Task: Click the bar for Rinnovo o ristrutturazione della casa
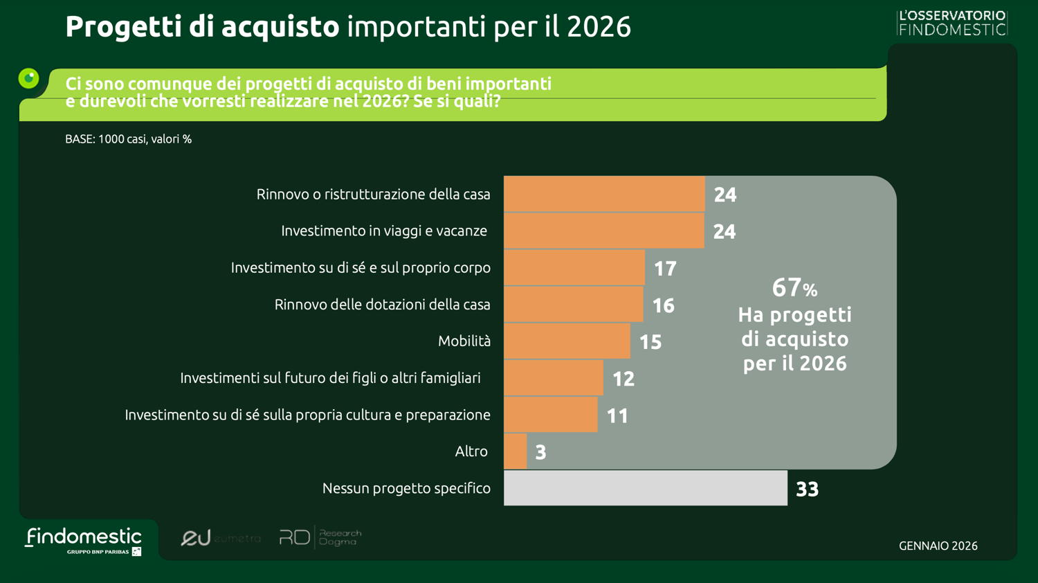click(x=604, y=194)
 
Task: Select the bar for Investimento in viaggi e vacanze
click(x=603, y=231)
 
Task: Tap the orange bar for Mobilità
click(x=567, y=341)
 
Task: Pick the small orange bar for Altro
click(x=515, y=451)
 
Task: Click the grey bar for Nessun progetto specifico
click(x=645, y=488)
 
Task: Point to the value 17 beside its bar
click(x=665, y=268)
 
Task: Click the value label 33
click(x=807, y=489)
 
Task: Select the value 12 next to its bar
click(x=623, y=378)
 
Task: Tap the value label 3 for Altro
click(x=540, y=452)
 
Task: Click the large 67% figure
click(x=794, y=287)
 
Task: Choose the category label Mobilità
click(x=464, y=341)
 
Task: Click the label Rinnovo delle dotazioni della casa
click(x=382, y=305)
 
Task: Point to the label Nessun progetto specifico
click(x=406, y=488)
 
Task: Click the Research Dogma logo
click(x=320, y=537)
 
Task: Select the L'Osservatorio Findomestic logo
click(x=952, y=23)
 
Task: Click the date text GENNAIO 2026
click(x=938, y=546)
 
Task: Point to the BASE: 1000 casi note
click(x=128, y=139)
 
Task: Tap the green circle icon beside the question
click(x=29, y=78)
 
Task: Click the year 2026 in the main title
click(x=599, y=27)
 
